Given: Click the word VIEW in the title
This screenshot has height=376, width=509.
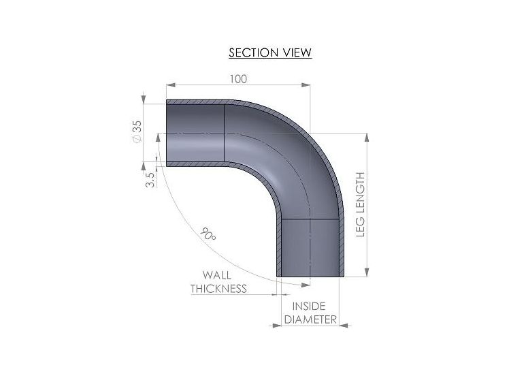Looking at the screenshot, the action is [x=297, y=52].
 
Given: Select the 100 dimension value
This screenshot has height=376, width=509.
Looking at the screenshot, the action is [x=238, y=79].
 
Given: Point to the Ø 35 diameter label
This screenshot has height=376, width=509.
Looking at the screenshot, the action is [x=137, y=131].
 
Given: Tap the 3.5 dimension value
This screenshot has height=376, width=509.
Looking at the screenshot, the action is [x=150, y=180].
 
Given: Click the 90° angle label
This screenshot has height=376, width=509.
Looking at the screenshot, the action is [x=208, y=234].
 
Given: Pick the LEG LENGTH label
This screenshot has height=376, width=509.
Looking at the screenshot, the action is [x=361, y=204].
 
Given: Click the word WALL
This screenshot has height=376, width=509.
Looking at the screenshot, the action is [x=217, y=275].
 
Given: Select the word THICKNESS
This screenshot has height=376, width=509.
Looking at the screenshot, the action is [x=218, y=289].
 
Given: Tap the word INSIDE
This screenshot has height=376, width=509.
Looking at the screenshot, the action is [x=309, y=306].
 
